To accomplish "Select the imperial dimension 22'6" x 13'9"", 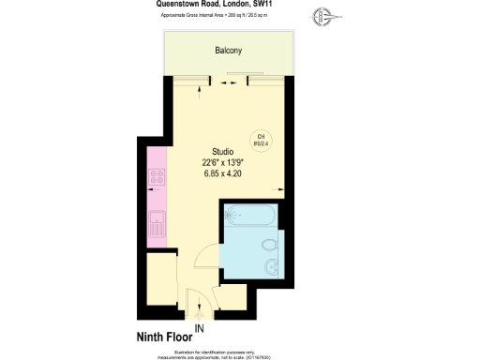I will [222, 162].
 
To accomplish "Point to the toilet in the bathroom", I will [269, 247].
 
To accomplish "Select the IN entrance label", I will [198, 327].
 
